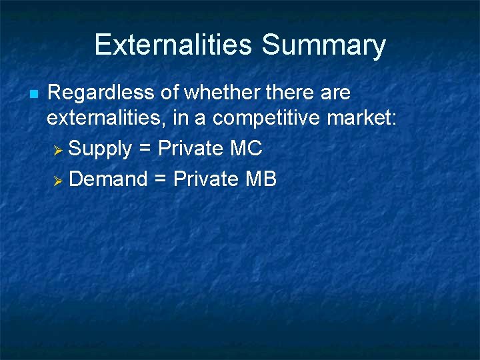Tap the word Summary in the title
pos(323,46)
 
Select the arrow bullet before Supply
pos(57,149)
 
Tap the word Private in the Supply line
pos(190,148)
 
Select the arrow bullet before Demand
pos(57,179)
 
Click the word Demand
pos(108,179)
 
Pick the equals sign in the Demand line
pos(160,179)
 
